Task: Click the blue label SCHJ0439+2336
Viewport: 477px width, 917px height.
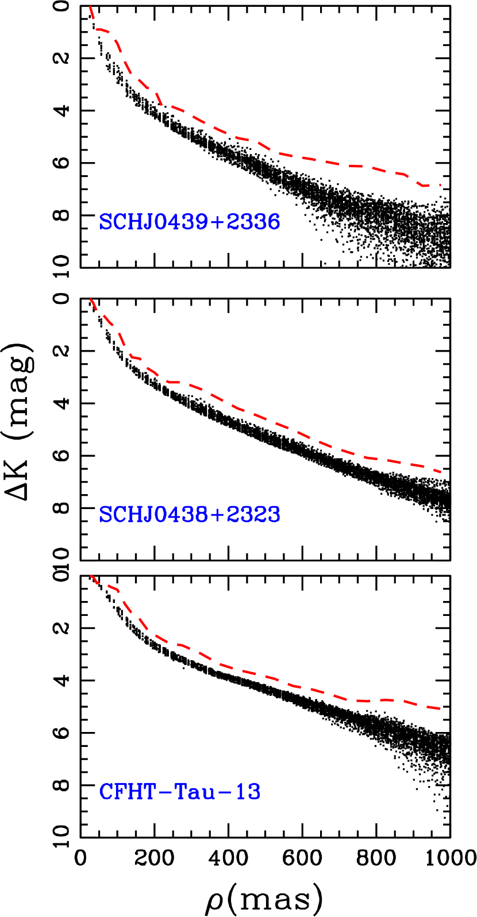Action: pyautogui.click(x=190, y=222)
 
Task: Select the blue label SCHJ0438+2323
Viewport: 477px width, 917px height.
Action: pyautogui.click(x=190, y=514)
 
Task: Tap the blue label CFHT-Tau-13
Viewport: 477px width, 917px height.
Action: pyautogui.click(x=180, y=792)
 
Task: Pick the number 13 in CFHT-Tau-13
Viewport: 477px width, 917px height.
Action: pyautogui.click(x=248, y=792)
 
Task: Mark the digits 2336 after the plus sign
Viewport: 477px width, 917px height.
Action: pyautogui.click(x=253, y=222)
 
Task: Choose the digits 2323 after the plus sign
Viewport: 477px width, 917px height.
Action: pyautogui.click(x=253, y=514)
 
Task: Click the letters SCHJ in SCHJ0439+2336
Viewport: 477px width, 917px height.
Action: pyautogui.click(x=126, y=222)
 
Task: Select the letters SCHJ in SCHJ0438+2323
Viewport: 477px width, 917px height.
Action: pyautogui.click(x=126, y=514)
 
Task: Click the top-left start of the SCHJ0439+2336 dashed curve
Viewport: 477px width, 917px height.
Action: pyautogui.click(x=90, y=7)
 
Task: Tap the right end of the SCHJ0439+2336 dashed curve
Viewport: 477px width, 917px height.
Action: pyautogui.click(x=440, y=184)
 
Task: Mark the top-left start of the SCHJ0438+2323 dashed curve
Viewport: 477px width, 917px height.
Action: pyautogui.click(x=90, y=299)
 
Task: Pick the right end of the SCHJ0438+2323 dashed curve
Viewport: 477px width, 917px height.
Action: pyautogui.click(x=440, y=472)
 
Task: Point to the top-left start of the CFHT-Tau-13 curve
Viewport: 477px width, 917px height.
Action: pyautogui.click(x=91, y=575)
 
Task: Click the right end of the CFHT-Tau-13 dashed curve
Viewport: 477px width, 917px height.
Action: pyautogui.click(x=440, y=708)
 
